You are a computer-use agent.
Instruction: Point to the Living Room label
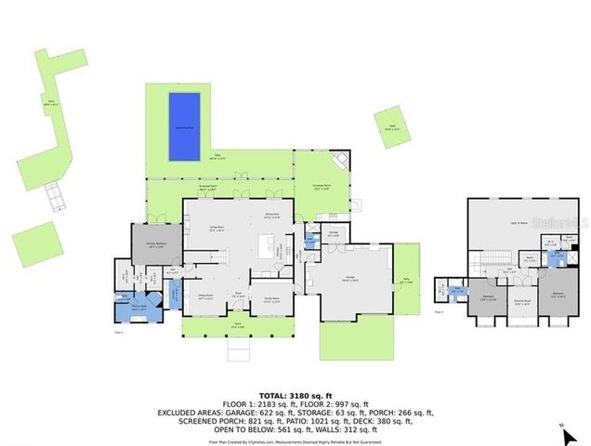216,230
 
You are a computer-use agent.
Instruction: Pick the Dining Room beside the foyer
205,297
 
